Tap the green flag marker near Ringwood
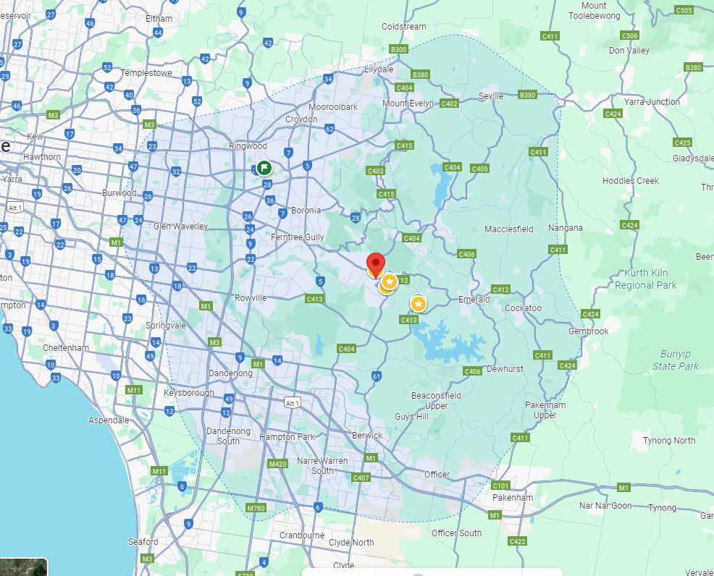pyautogui.click(x=264, y=168)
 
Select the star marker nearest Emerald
pyautogui.click(x=418, y=303)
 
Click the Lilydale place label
pyautogui.click(x=379, y=69)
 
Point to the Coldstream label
pyautogui.click(x=404, y=27)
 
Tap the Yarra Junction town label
pyautogui.click(x=652, y=102)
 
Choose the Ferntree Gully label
pyautogui.click(x=297, y=237)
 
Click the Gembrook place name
pyautogui.click(x=589, y=331)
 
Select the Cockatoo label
pyautogui.click(x=523, y=308)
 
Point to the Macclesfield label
pyautogui.click(x=508, y=229)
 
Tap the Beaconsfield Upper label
pyautogui.click(x=435, y=400)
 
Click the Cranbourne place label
pyautogui.click(x=302, y=535)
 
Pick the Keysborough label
pyautogui.click(x=189, y=393)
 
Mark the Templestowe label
pyautogui.click(x=146, y=73)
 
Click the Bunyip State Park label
pyautogui.click(x=675, y=360)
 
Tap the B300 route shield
pyautogui.click(x=399, y=49)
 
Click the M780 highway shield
pyautogui.click(x=256, y=508)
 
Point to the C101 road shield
pyautogui.click(x=500, y=486)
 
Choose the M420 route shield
pyautogui.click(x=277, y=464)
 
